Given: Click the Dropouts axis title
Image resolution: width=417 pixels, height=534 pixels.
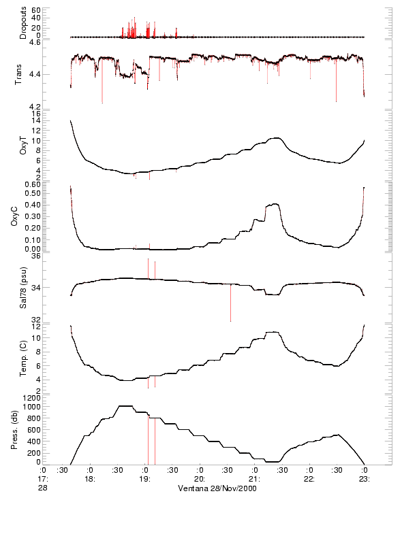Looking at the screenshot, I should pos(23,22).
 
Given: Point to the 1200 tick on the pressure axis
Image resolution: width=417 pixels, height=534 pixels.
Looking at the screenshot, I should pos(31,397).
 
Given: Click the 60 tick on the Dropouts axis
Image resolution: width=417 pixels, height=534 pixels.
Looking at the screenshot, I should pos(36,11).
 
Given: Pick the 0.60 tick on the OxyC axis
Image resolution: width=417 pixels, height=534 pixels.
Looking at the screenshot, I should pos(32,184).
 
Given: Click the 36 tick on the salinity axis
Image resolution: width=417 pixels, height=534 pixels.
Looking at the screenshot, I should pos(36,256).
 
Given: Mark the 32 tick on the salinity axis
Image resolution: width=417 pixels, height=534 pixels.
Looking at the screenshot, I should pos(36,320).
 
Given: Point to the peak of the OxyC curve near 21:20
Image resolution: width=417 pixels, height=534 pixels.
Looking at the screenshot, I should pos(275,203).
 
